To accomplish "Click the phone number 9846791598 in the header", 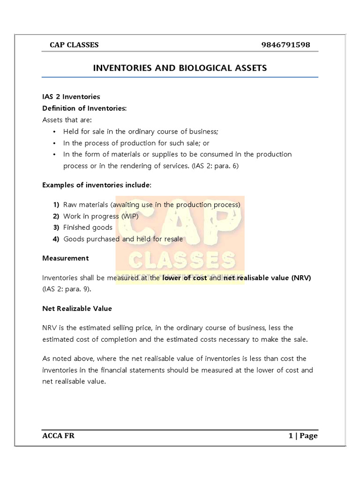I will [x=285, y=45].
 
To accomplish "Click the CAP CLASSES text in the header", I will [x=74, y=45].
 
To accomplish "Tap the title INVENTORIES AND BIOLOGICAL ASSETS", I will [x=180, y=68].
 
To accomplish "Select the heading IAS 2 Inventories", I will [x=71, y=97].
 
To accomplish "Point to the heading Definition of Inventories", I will [x=84, y=108].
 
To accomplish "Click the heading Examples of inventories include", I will [x=97, y=185].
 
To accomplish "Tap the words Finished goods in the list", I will [x=88, y=227].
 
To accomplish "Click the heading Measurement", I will [x=65, y=258].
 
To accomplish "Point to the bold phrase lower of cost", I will [x=185, y=278].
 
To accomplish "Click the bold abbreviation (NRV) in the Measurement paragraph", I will [x=301, y=278].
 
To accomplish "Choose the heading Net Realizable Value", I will [x=77, y=308].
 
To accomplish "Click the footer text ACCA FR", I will [x=58, y=436].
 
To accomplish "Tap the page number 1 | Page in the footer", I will [x=303, y=436].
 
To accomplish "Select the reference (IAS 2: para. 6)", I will [x=216, y=166].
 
